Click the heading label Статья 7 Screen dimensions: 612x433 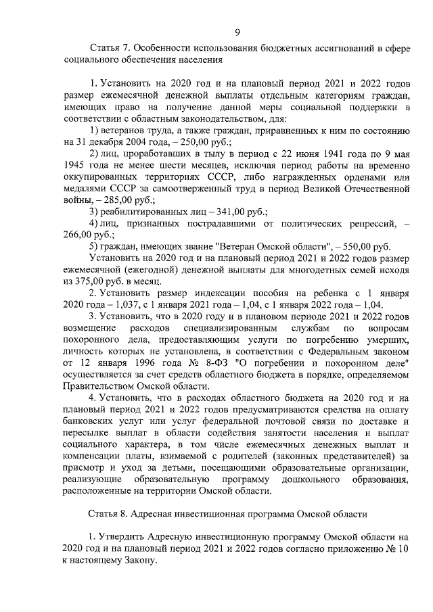tap(110, 48)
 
